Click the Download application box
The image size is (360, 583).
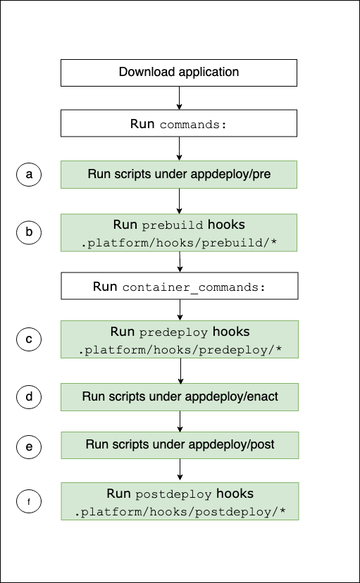click(179, 73)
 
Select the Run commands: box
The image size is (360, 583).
click(179, 123)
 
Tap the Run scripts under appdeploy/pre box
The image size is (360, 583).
click(179, 174)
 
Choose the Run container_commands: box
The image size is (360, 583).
click(179, 287)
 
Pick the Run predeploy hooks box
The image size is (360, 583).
click(179, 339)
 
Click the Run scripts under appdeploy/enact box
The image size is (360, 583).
click(179, 396)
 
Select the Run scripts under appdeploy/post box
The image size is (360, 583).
click(179, 444)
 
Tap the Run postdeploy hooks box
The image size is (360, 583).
click(179, 501)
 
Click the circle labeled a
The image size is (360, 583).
click(29, 174)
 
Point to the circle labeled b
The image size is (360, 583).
click(29, 232)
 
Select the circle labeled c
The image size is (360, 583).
click(29, 339)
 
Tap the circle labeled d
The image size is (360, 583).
click(29, 396)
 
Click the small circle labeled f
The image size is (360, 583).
click(29, 502)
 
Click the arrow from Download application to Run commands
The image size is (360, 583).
click(180, 98)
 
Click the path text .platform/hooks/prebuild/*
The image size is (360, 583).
click(180, 243)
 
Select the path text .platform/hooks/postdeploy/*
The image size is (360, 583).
click(180, 510)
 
